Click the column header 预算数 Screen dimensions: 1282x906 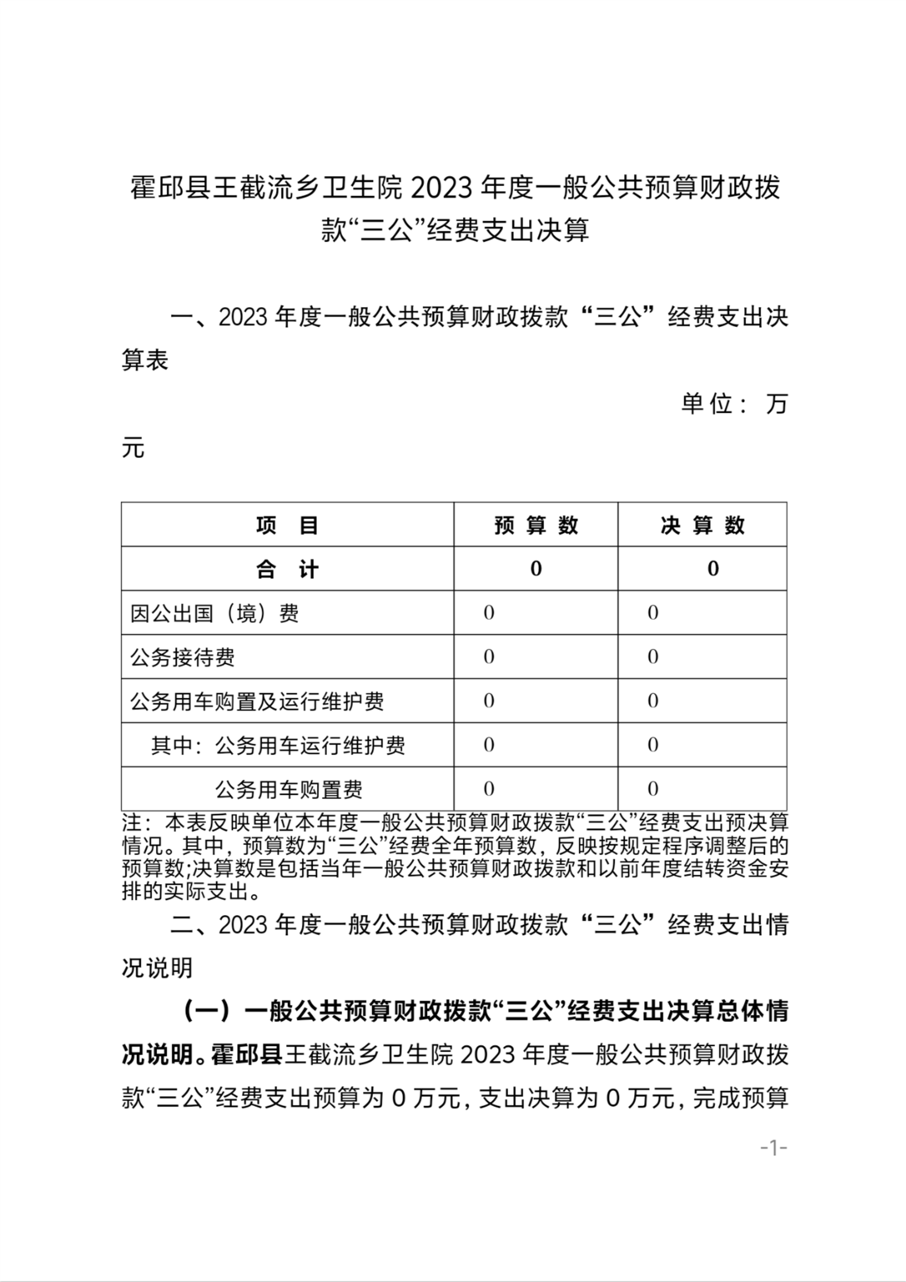[x=536, y=525]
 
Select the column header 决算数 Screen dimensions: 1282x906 [x=702, y=525]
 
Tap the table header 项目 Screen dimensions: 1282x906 [x=287, y=525]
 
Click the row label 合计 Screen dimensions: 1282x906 [x=287, y=569]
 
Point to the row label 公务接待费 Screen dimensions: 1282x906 [x=182, y=657]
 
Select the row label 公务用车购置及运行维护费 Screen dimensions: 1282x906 [x=257, y=701]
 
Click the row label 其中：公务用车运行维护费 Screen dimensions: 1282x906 [x=277, y=746]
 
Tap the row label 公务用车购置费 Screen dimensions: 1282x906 [x=289, y=789]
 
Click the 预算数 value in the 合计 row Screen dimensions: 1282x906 [x=536, y=569]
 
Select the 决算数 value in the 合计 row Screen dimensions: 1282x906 [x=712, y=569]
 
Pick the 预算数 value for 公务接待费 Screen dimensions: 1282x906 [x=489, y=657]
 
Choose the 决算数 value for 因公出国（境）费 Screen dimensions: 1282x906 [x=653, y=613]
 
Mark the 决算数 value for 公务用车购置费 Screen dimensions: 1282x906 [x=653, y=789]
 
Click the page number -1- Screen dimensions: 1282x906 [x=773, y=1148]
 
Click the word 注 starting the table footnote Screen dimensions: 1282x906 [x=132, y=823]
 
